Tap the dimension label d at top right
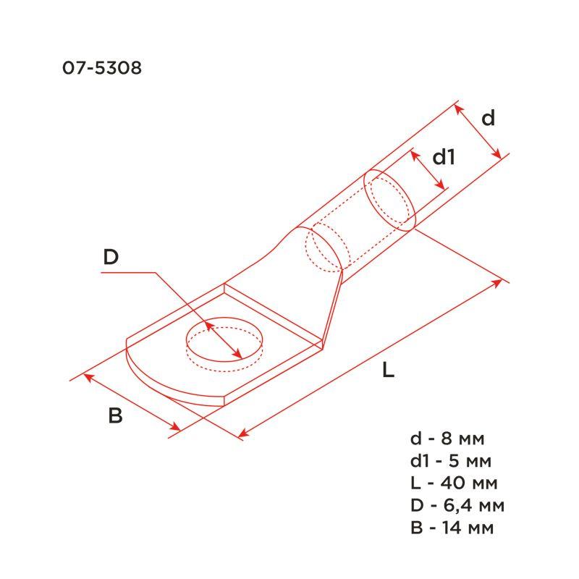click(x=489, y=118)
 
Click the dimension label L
click(x=388, y=372)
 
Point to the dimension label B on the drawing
click(x=115, y=416)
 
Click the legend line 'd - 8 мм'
click(x=447, y=439)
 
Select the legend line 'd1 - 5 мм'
click(x=451, y=461)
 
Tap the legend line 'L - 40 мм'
click(x=452, y=483)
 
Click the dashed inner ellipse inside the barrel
click(x=324, y=250)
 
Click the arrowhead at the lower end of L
click(x=242, y=434)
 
